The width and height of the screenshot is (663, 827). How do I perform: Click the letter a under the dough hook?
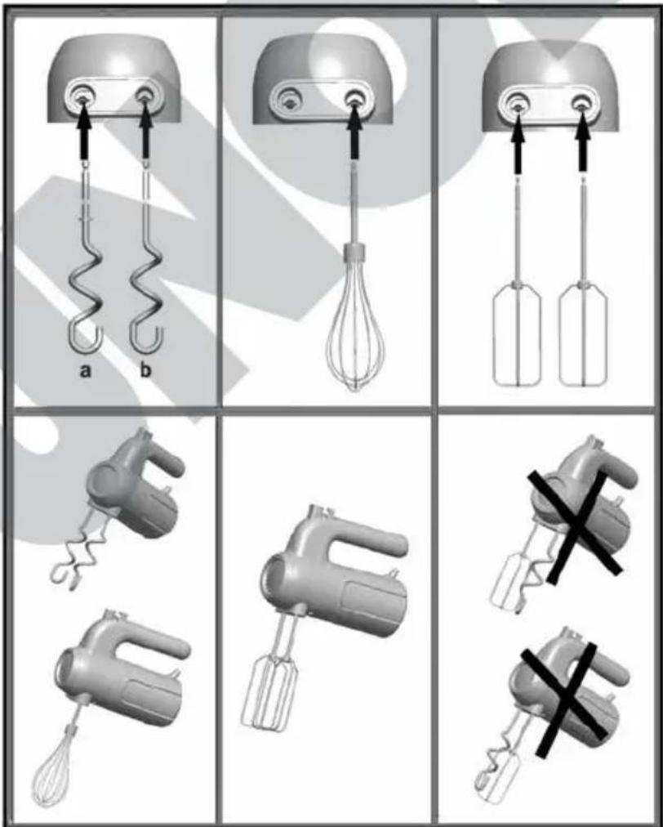pyautogui.click(x=85, y=371)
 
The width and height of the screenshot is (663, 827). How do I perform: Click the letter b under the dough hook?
pyautogui.click(x=145, y=369)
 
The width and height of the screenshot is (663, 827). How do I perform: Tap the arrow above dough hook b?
pyautogui.click(x=145, y=132)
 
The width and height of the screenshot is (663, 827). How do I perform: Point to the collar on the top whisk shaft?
pyautogui.click(x=354, y=253)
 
